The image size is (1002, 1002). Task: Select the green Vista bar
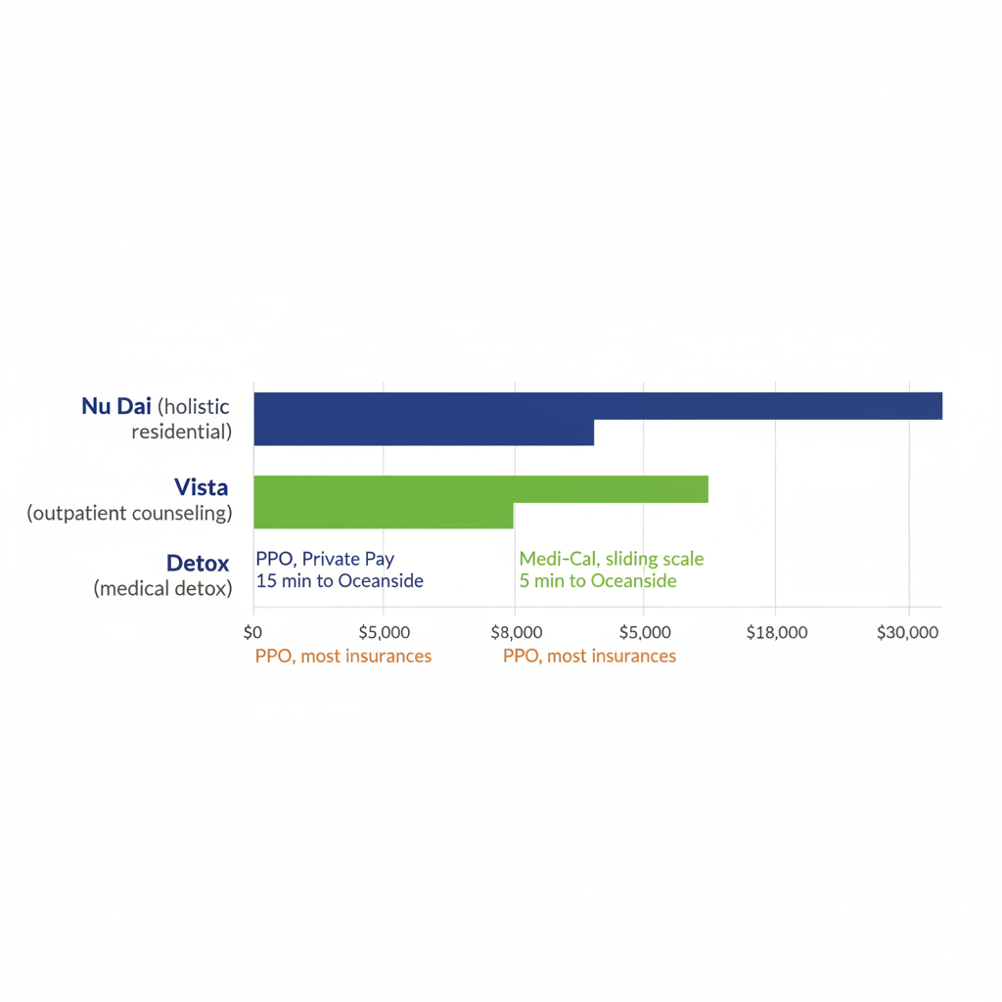pos(479,489)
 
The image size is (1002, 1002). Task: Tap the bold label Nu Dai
pos(116,406)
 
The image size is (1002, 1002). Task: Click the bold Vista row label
pos(201,487)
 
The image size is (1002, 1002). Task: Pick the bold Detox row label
pos(198,564)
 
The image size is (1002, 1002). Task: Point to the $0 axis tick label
pos(253,632)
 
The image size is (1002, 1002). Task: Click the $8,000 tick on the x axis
pos(515,632)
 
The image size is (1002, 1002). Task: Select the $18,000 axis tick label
pos(776,632)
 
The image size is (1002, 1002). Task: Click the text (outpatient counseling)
pos(129,513)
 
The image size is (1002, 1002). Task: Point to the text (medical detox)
pos(162,588)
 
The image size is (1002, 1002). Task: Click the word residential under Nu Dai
pos(181,432)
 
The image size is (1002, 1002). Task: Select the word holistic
pos(195,406)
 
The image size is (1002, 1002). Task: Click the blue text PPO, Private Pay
pos(325,560)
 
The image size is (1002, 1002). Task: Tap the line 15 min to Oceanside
pos(340,581)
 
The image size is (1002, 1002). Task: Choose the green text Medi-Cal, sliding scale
pos(612,560)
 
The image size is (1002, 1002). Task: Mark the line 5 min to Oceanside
pos(598,581)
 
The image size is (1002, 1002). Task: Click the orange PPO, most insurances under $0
pos(342,657)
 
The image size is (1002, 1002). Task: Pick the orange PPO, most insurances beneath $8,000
pos(589,657)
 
